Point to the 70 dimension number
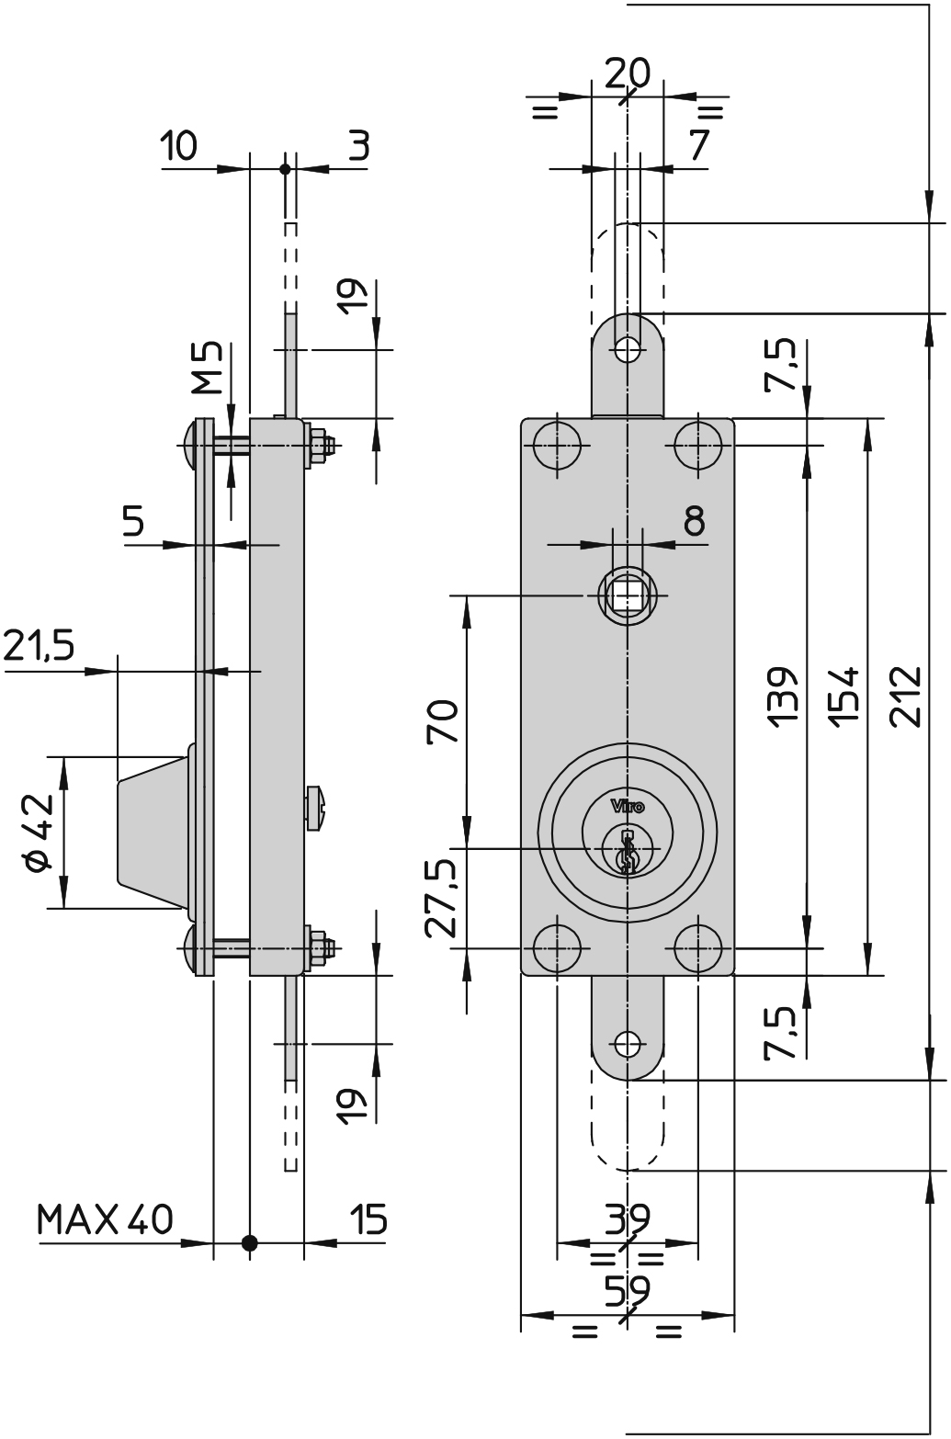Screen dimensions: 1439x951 coord(443,721)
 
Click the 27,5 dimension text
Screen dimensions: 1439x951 coord(443,898)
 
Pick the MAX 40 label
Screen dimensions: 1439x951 coord(104,1220)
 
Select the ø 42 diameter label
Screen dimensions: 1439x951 coord(37,833)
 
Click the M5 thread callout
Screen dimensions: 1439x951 coord(209,367)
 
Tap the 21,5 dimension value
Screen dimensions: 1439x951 coord(39,647)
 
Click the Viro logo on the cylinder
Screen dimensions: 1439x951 coord(628,807)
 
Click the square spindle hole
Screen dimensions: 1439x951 coord(628,595)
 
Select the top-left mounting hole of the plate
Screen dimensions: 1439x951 coord(558,446)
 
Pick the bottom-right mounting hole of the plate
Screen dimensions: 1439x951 coord(697,947)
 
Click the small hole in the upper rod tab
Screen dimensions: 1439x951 coord(628,349)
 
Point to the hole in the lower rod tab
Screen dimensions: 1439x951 coord(628,1044)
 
